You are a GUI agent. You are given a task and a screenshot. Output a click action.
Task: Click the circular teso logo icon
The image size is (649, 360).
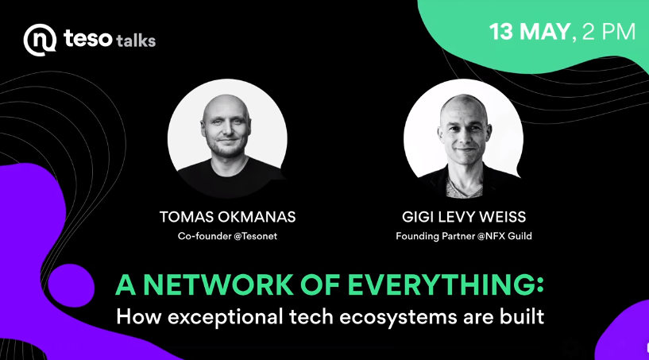40,40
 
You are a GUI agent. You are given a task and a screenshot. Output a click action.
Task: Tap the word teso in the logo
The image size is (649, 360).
87,38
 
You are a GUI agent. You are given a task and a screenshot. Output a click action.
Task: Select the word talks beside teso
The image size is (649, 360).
136,41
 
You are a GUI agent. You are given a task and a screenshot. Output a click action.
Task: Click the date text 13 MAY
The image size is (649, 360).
530,32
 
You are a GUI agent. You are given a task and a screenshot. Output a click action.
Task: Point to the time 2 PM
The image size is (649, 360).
608,32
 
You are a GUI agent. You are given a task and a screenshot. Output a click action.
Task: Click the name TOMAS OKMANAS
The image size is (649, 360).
228,217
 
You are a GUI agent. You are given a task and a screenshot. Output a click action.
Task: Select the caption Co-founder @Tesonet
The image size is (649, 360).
228,236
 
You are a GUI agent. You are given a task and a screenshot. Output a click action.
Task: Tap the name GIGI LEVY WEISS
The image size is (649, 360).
464,217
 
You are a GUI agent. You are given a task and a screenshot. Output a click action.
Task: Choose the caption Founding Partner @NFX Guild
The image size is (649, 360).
464,236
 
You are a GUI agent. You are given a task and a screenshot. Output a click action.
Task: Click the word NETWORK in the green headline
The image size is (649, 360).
218,285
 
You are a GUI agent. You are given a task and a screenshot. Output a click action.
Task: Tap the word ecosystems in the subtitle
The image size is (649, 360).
398,318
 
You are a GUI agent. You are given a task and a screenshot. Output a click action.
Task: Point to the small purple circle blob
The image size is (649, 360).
71,285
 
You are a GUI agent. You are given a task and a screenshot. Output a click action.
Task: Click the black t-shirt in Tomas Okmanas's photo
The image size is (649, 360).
228,177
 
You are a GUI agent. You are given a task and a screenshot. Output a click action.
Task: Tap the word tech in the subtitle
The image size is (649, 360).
311,317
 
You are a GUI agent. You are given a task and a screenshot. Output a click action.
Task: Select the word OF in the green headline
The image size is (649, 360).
320,285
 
